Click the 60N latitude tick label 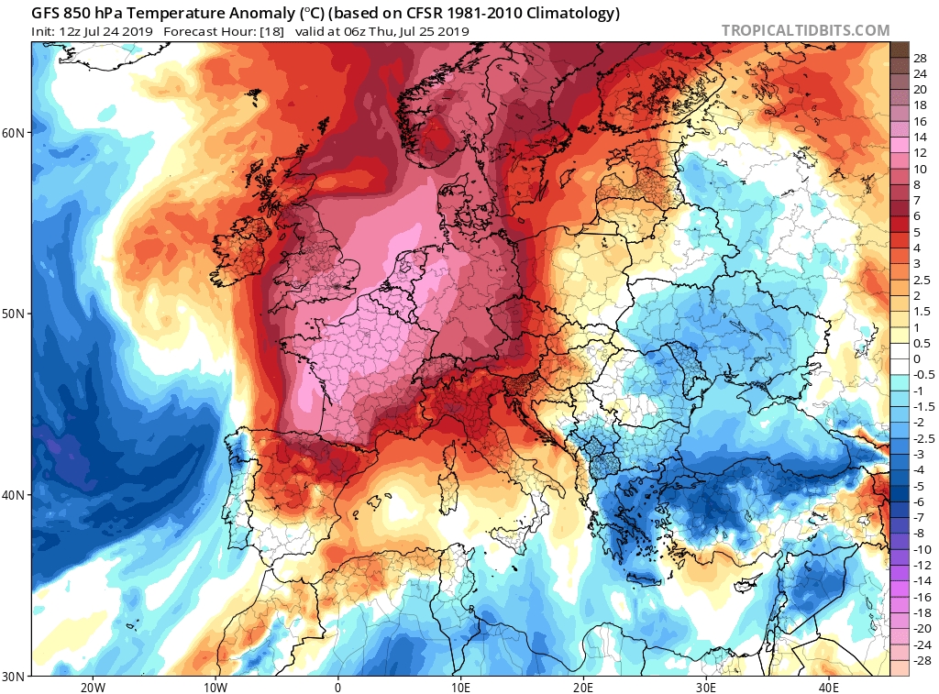(15, 133)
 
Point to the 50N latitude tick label (15, 314)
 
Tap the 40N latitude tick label (15, 495)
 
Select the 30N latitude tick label (15, 676)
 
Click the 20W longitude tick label (92, 688)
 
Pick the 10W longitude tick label (215, 688)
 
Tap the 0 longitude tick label (338, 688)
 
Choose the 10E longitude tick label (460, 688)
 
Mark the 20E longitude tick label (583, 688)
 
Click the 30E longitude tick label (706, 688)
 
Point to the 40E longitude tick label (829, 688)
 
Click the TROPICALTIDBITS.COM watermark (805, 31)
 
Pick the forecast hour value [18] (271, 31)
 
